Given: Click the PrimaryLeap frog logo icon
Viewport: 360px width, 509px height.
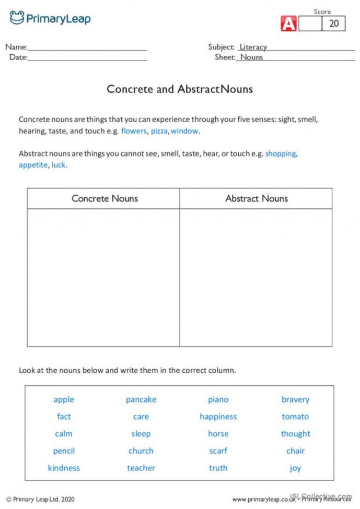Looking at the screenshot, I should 17,18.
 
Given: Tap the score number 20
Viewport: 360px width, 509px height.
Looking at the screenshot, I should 334,23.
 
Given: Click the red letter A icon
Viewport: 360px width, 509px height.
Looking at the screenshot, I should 289,24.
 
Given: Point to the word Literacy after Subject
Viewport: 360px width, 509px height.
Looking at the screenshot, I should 253,47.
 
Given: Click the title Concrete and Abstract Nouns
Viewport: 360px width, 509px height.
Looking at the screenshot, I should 180,89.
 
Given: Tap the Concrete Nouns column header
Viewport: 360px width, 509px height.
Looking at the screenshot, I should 104,198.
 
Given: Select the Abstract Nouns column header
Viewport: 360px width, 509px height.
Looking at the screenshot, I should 256,198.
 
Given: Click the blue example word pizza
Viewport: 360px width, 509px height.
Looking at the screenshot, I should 159,131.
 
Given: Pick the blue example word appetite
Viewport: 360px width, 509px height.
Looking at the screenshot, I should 33,165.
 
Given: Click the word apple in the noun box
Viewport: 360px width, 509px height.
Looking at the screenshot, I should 64,399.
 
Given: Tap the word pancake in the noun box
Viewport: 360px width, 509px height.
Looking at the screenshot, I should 141,399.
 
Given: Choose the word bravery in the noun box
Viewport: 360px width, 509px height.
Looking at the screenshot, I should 295,399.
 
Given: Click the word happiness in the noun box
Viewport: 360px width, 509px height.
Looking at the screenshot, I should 218,417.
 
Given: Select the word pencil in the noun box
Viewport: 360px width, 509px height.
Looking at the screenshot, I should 64,451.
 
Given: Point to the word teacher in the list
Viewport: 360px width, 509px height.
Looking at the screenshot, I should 141,468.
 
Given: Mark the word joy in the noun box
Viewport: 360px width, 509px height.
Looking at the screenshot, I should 295,468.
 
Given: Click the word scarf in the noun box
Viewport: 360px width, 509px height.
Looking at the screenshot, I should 218,451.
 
